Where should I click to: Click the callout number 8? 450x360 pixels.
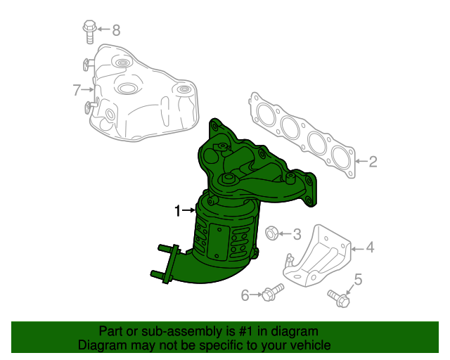click(116, 30)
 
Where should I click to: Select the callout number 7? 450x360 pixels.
click(77, 89)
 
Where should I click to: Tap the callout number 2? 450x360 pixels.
click(373, 162)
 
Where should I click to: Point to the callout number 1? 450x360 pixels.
click(179, 210)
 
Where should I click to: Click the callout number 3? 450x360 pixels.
click(297, 233)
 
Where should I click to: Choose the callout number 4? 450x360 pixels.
click(370, 247)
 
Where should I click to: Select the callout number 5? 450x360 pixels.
click(358, 281)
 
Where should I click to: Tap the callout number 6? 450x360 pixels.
click(245, 295)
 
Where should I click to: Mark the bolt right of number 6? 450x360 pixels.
click(272, 291)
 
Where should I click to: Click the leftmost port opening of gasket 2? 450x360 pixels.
click(265, 115)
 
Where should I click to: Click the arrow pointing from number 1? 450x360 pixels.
click(191, 210)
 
